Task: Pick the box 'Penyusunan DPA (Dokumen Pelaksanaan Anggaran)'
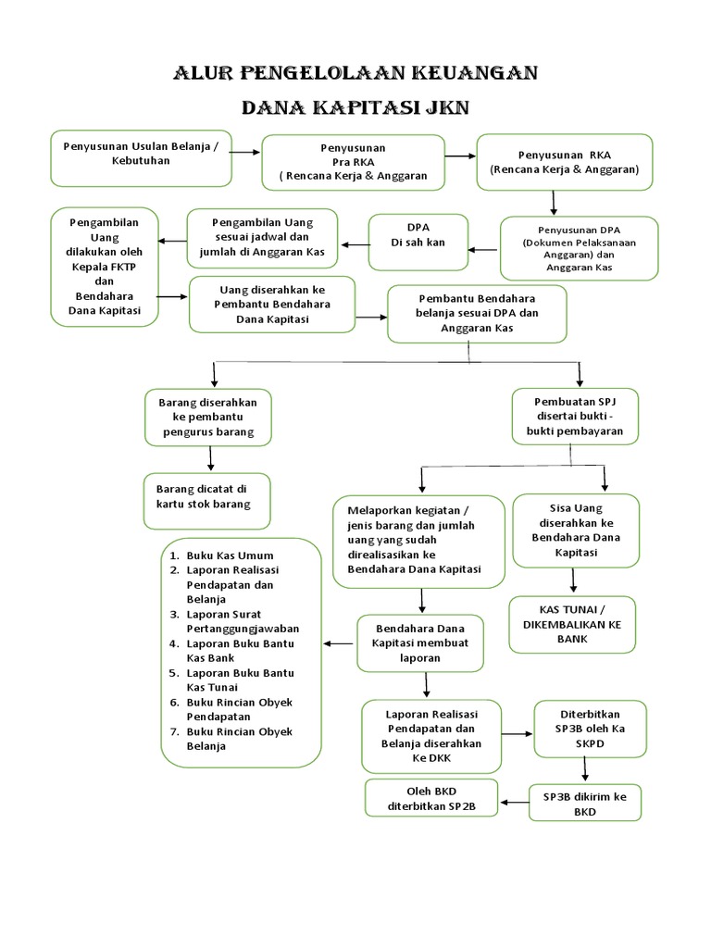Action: coord(579,247)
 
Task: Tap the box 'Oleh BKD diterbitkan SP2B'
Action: coord(431,799)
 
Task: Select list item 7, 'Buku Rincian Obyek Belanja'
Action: coord(239,739)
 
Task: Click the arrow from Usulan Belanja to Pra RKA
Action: coord(245,153)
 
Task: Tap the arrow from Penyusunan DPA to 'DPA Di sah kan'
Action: coord(481,248)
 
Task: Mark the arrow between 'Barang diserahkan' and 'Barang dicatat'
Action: coord(212,458)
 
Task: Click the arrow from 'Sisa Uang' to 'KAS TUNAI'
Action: coord(574,580)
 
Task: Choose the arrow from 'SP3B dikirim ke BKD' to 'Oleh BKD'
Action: coord(514,800)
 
